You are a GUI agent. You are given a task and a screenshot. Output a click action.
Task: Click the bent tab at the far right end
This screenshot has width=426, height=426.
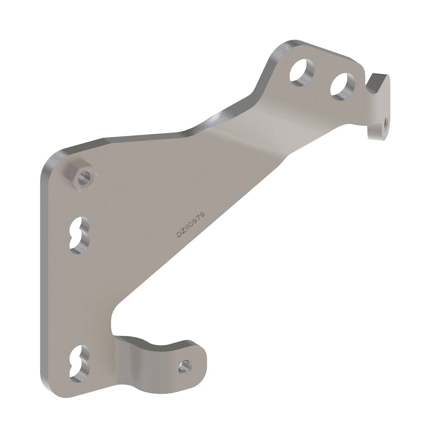(x=379, y=103)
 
